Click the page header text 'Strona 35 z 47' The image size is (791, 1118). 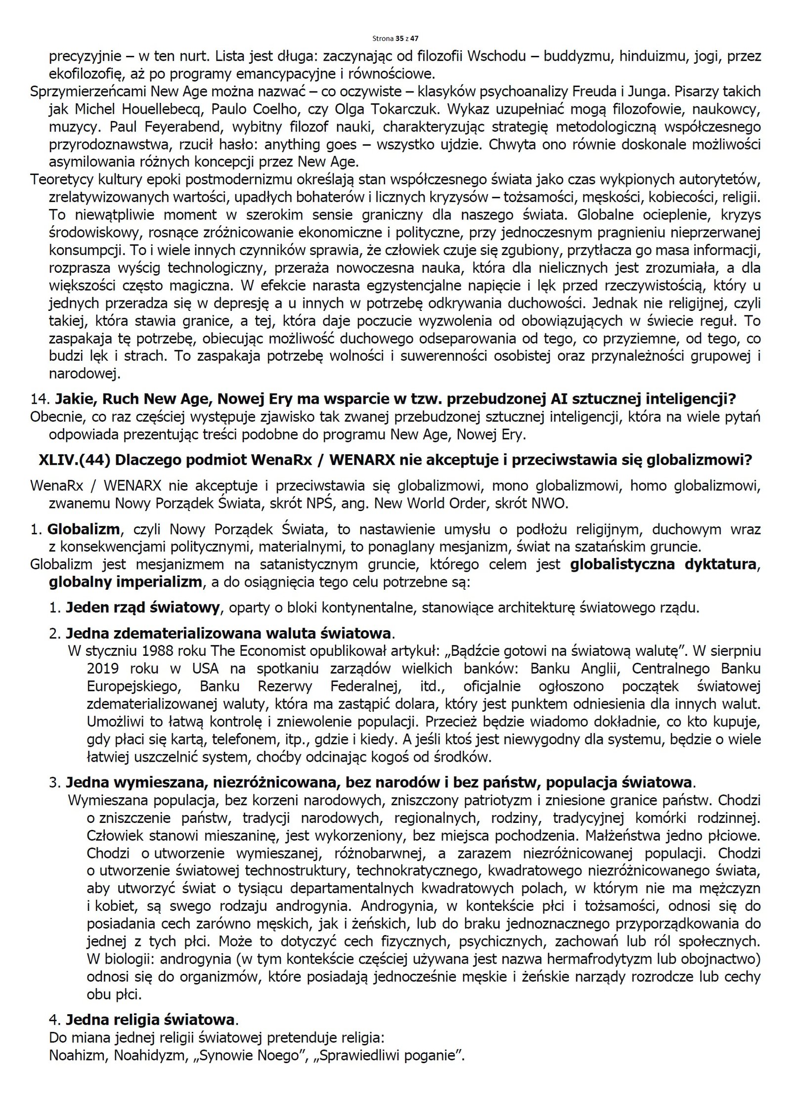[395, 38]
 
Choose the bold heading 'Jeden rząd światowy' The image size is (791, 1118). [143, 607]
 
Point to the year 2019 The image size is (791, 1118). [102, 668]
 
